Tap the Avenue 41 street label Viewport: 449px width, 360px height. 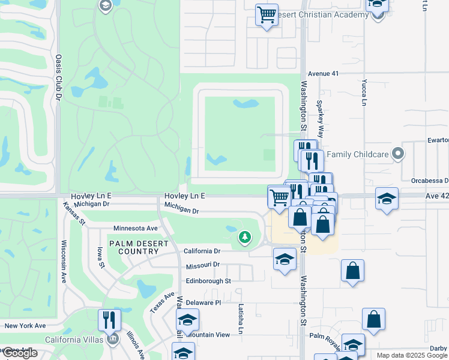click(324, 73)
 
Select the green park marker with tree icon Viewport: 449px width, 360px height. click(244, 238)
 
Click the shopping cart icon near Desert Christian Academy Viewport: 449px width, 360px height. click(267, 15)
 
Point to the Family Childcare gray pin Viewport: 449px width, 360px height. click(397, 155)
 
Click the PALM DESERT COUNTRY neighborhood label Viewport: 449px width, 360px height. click(133, 246)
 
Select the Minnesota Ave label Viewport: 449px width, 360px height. click(136, 229)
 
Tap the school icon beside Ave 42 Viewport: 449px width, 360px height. click(387, 198)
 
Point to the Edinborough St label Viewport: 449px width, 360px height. click(208, 281)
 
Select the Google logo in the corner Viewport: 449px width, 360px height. click(19, 353)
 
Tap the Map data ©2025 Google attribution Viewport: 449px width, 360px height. click(412, 355)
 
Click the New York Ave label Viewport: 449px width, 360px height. click(25, 326)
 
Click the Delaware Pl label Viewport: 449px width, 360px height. click(203, 303)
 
